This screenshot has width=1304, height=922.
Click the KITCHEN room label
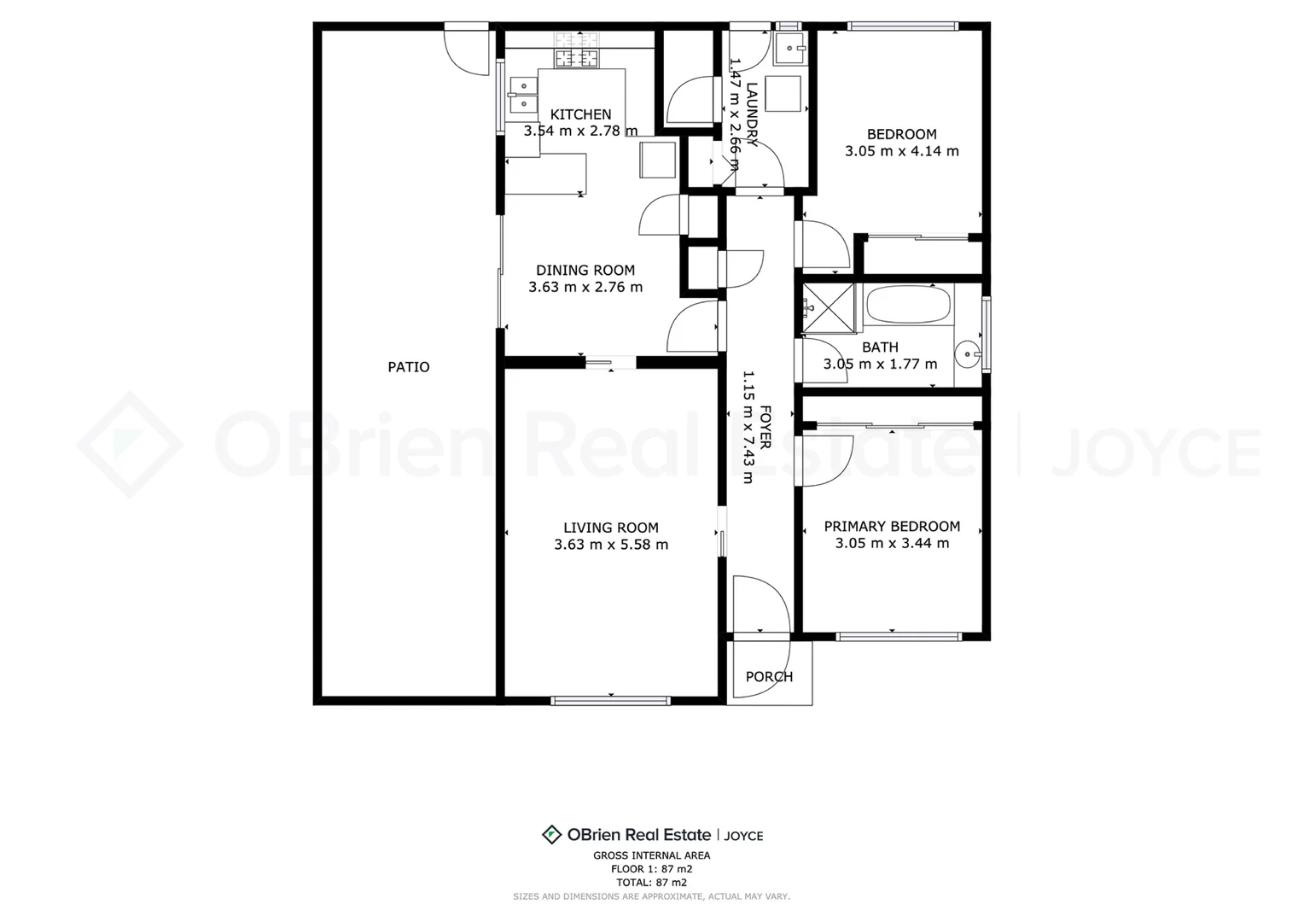click(580, 114)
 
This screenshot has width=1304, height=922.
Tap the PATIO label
click(409, 367)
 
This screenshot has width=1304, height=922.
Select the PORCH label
click(769, 677)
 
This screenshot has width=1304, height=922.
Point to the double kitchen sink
click(521, 94)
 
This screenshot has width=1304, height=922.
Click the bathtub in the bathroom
click(907, 305)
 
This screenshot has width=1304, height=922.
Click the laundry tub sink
click(789, 49)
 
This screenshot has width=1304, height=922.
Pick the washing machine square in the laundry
click(783, 94)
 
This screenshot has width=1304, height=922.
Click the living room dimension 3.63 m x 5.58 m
click(611, 545)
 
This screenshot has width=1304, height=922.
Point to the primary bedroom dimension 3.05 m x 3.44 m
click(892, 543)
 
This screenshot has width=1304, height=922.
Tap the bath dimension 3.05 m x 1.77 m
click(880, 365)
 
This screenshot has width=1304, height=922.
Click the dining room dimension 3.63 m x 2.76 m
click(585, 288)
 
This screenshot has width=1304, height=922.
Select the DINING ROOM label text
click(585, 271)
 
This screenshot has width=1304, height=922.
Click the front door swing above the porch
click(760, 606)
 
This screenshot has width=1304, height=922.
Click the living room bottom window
click(610, 701)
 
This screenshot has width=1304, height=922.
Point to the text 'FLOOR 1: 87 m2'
click(651, 869)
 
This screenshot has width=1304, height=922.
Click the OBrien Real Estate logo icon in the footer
click(551, 835)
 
